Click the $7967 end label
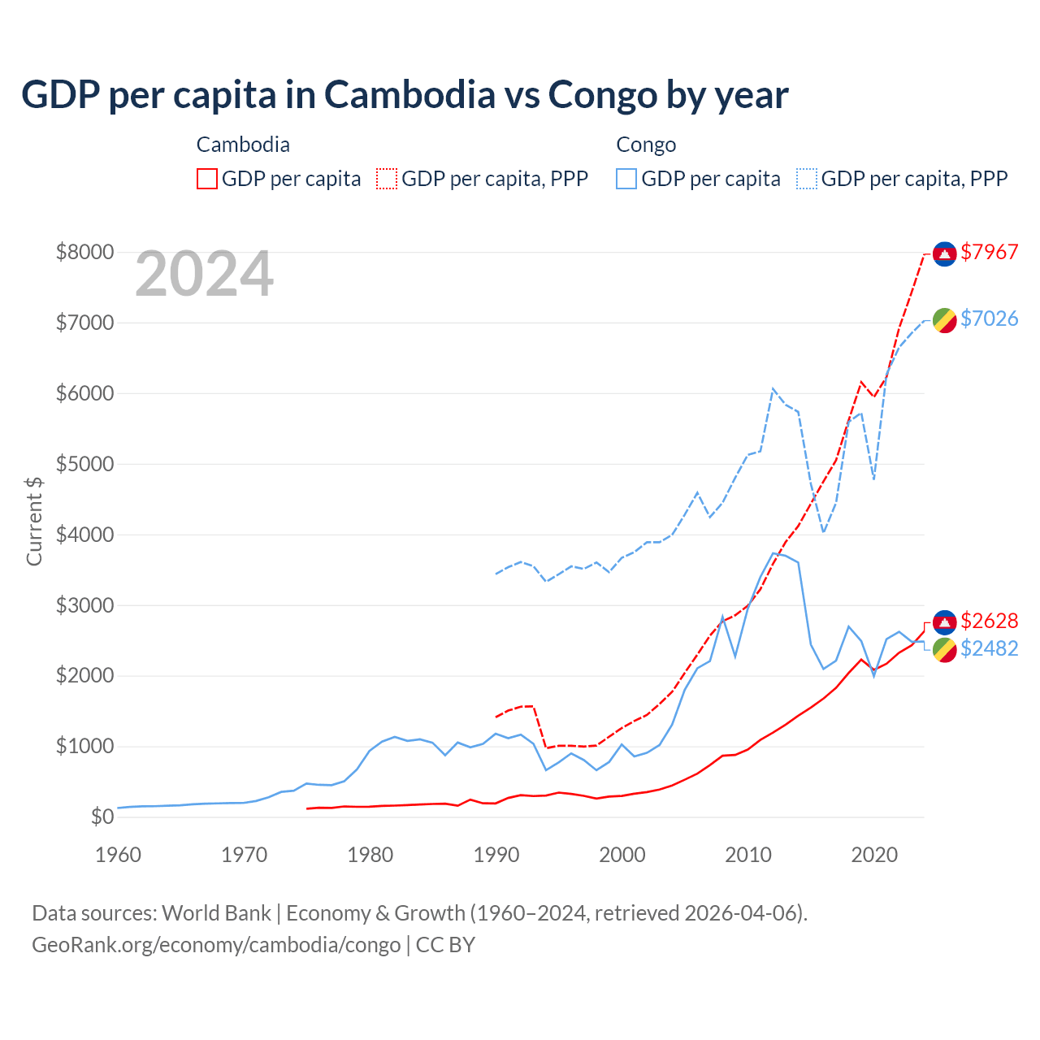989,253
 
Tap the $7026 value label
989,319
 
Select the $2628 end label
989,622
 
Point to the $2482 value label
989,649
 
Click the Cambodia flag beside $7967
944,253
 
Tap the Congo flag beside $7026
944,320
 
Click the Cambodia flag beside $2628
944,622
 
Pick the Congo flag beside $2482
944,650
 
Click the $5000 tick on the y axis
84,465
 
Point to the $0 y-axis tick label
102,817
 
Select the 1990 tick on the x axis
496,856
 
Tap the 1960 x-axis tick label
119,856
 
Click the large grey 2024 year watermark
204,275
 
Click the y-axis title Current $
34,521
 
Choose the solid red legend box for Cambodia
207,179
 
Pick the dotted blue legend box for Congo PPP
807,179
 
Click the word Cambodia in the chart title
409,95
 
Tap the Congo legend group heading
646,145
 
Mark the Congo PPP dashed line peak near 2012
773,388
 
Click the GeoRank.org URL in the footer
216,945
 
